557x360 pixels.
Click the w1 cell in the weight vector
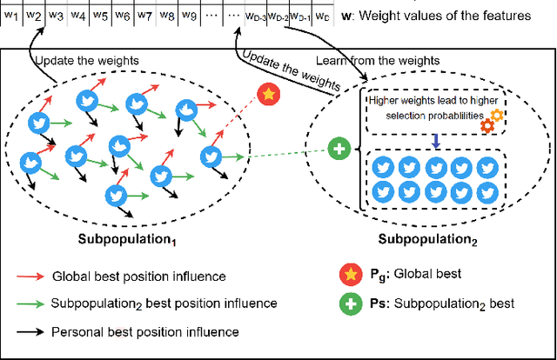point(11,16)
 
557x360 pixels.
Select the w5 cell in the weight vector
point(100,16)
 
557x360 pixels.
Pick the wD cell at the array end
point(322,16)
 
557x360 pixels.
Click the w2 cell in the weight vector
point(33,16)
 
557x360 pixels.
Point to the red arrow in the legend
point(30,277)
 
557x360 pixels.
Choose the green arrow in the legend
point(30,303)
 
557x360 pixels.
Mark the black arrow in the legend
point(30,331)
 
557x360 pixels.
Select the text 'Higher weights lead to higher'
point(429,100)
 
